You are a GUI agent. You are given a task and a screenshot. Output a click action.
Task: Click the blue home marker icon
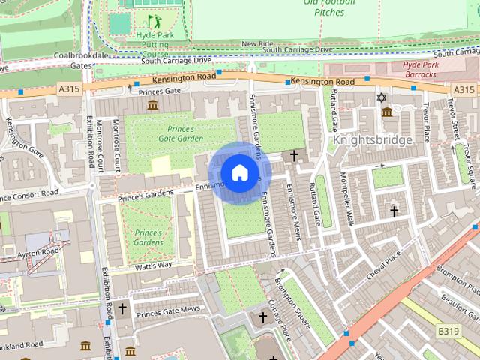click(x=239, y=173)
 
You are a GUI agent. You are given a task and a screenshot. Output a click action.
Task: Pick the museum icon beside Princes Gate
click(x=153, y=103)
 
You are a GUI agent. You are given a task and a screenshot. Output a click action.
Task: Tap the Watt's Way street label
click(x=154, y=265)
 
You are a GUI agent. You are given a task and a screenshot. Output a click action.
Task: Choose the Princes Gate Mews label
click(x=168, y=308)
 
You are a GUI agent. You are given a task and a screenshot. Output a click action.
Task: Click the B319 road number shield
click(x=448, y=331)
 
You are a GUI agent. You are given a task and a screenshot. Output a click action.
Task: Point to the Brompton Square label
click(x=293, y=297)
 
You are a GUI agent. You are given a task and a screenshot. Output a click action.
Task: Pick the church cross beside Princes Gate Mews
click(x=121, y=308)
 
